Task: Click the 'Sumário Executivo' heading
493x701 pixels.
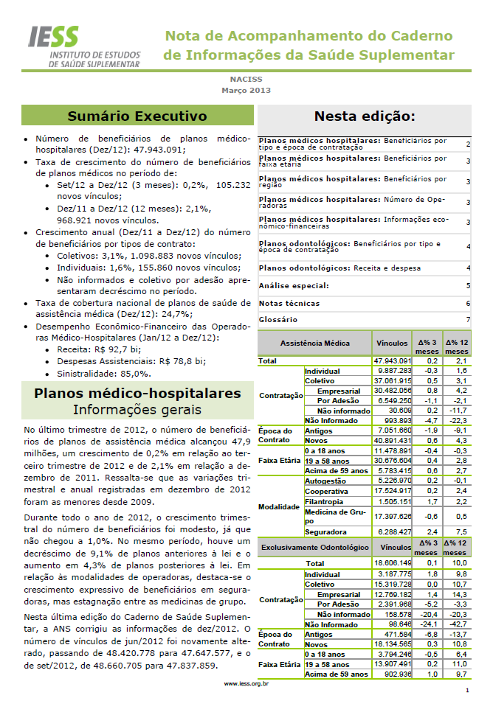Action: click(137, 116)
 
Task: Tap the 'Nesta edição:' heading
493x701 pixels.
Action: click(364, 116)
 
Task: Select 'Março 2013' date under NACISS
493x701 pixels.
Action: click(246, 91)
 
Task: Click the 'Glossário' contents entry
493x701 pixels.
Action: click(278, 319)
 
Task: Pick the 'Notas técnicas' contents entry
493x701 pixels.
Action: click(289, 303)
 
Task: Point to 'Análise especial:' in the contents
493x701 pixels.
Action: click(294, 285)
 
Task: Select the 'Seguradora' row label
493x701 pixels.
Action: click(325, 531)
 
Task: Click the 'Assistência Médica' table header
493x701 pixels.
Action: click(315, 343)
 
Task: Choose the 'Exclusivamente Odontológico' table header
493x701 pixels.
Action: click(315, 548)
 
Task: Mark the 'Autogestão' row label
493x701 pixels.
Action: click(325, 480)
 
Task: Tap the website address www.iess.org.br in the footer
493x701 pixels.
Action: click(246, 683)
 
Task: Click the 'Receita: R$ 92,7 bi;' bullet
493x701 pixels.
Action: click(97, 349)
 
